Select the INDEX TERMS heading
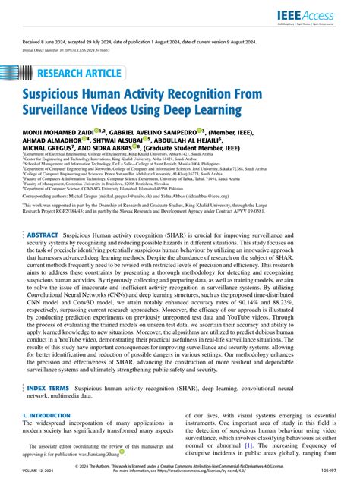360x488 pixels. pyautogui.click(x=53, y=388)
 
